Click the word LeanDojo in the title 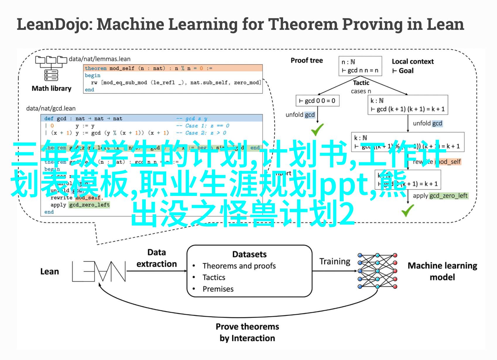click(53, 25)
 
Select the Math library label click(52, 88)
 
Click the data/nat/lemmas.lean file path click(100, 59)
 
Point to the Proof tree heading click(306, 61)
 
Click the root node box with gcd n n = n click(360, 66)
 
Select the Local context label click(413, 61)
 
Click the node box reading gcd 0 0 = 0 click(317, 101)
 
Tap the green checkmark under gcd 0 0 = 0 click(317, 130)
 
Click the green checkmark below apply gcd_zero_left click(407, 210)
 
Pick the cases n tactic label click(361, 91)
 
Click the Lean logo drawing click(99, 271)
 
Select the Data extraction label click(157, 258)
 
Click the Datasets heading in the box click(249, 254)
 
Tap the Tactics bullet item click(214, 277)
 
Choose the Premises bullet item click(218, 289)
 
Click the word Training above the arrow click(335, 261)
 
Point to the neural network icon click(377, 271)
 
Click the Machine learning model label click(442, 271)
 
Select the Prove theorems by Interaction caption click(247, 332)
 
